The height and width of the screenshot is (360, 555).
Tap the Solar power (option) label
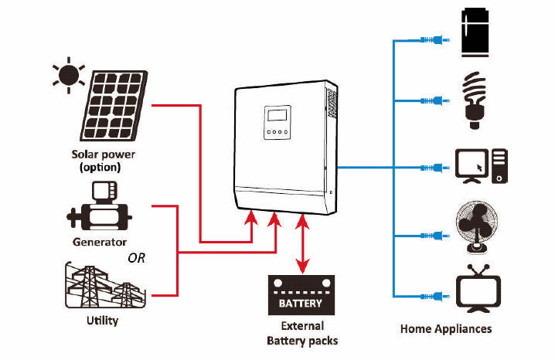coord(102,160)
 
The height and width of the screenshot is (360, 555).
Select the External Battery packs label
coord(302,333)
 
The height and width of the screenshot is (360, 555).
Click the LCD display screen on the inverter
coord(277,117)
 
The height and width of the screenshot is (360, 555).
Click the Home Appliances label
coord(446,328)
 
